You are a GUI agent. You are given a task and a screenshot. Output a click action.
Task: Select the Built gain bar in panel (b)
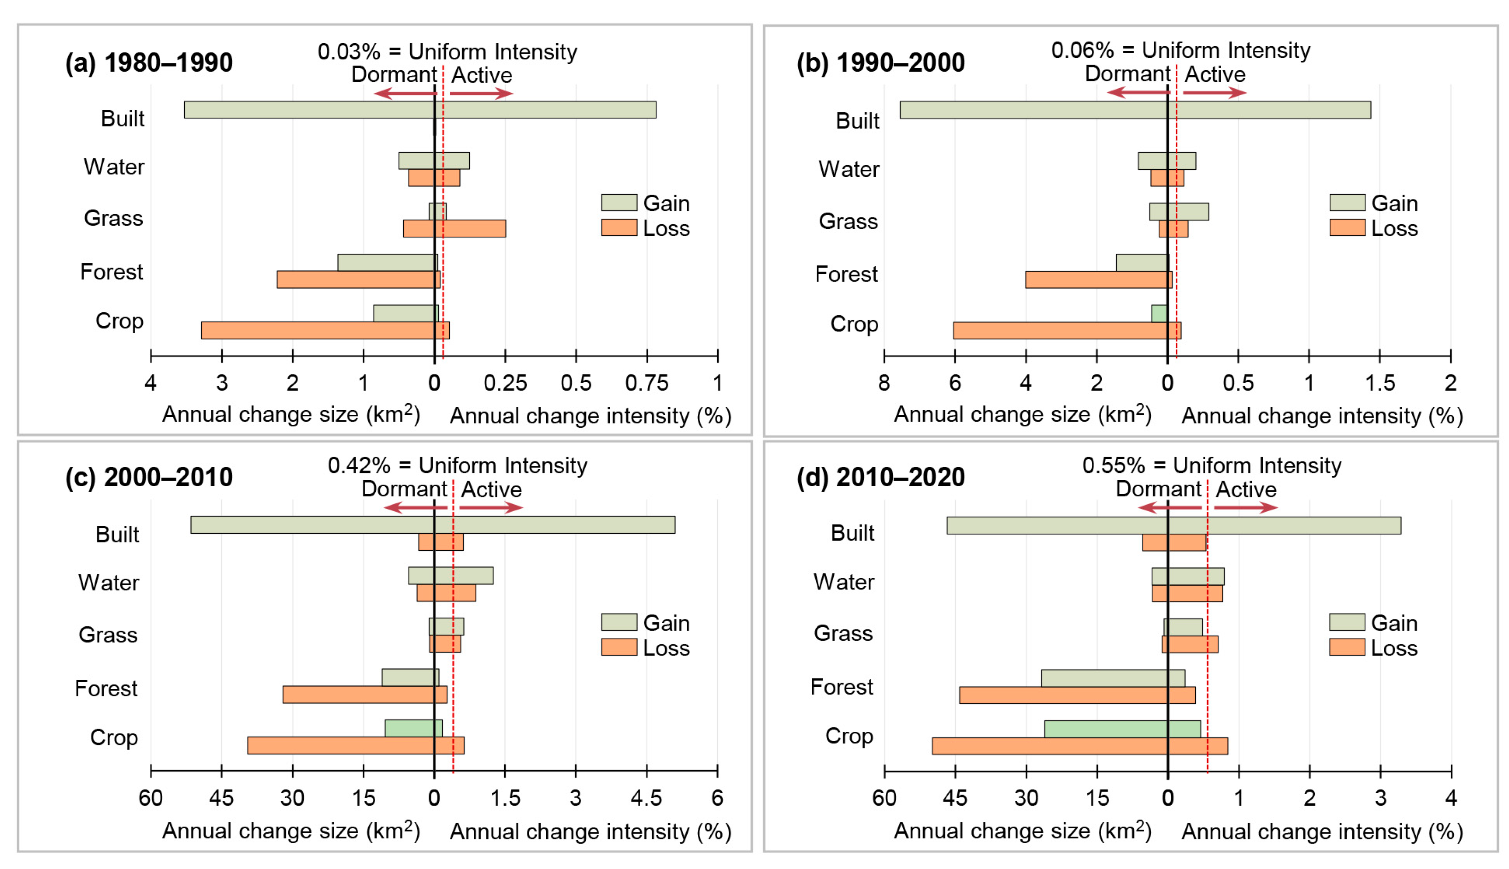pyautogui.click(x=1134, y=110)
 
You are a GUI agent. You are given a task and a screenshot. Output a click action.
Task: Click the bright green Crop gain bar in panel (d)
pyautogui.click(x=1122, y=729)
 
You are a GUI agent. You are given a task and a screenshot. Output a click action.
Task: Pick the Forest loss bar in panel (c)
pyautogui.click(x=364, y=694)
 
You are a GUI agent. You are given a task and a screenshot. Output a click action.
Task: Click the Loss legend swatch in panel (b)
pyautogui.click(x=1347, y=228)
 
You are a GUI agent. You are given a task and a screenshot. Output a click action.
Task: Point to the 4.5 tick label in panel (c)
pyautogui.click(x=647, y=798)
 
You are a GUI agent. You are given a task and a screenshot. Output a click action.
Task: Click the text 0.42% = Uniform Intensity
pyautogui.click(x=457, y=465)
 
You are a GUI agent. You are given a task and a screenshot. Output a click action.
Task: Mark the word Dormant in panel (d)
pyautogui.click(x=1158, y=489)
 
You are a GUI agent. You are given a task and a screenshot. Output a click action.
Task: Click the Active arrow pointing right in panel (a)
pyautogui.click(x=481, y=93)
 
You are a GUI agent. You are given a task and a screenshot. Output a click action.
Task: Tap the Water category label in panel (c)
pyautogui.click(x=109, y=582)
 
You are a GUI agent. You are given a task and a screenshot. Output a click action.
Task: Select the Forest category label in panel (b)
pyautogui.click(x=846, y=275)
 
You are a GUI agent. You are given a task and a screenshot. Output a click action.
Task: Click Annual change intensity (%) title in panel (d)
pyautogui.click(x=1322, y=832)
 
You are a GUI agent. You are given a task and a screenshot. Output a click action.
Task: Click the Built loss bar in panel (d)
pyautogui.click(x=1174, y=542)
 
